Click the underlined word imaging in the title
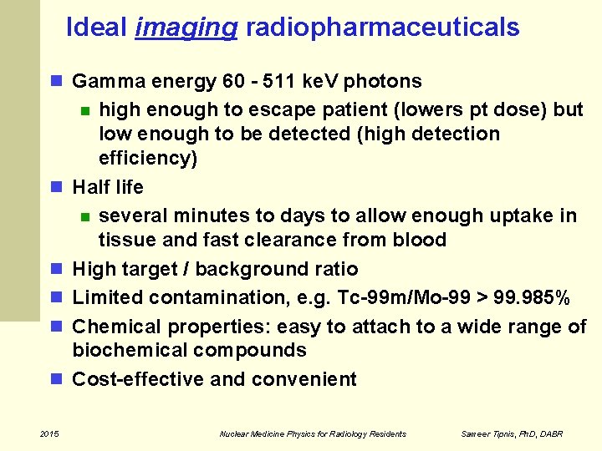pyautogui.click(x=186, y=28)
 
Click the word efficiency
pyautogui.click(x=148, y=158)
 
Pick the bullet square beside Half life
pyautogui.click(x=57, y=187)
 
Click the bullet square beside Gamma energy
pyautogui.click(x=57, y=82)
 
